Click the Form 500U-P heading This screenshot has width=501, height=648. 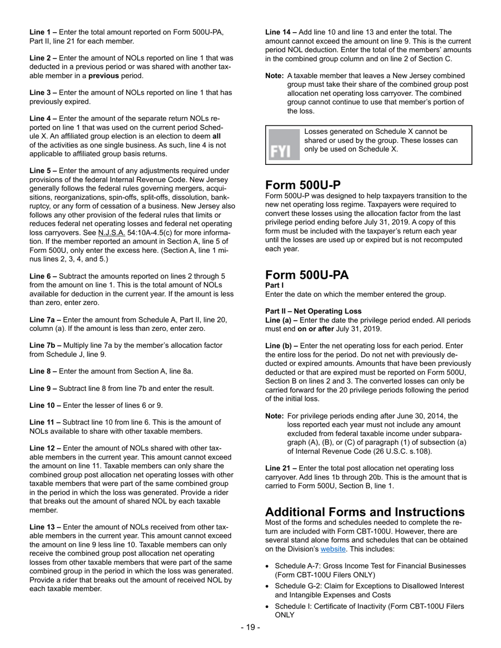pos(303,185)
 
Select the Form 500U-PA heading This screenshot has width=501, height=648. pos(307,275)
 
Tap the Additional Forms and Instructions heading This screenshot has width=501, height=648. pos(364,512)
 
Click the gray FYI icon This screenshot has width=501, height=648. pos(281,145)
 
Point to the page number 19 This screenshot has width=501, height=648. pos(250,627)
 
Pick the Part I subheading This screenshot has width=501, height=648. pos(273,285)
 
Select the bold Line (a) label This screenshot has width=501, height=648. pos(281,320)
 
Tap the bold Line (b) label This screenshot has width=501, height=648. pos(281,346)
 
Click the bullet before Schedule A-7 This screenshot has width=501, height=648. pos(268,566)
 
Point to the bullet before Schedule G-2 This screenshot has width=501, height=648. pos(268,586)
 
